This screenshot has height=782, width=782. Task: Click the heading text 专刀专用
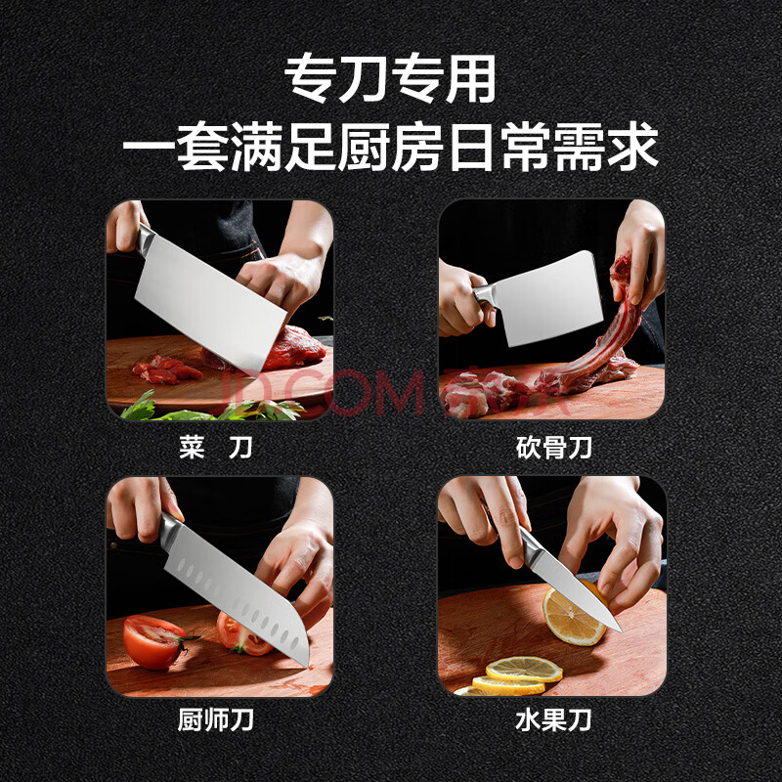[x=390, y=78]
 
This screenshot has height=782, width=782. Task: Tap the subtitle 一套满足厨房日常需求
[x=390, y=146]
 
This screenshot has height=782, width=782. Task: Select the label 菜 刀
[x=215, y=447]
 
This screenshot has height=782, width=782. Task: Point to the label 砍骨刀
[x=553, y=447]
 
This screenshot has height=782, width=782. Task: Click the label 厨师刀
[x=215, y=719]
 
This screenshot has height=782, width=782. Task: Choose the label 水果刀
[x=553, y=719]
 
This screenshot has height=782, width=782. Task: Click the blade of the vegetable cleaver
[x=209, y=304]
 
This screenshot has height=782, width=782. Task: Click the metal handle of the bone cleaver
[x=483, y=294]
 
